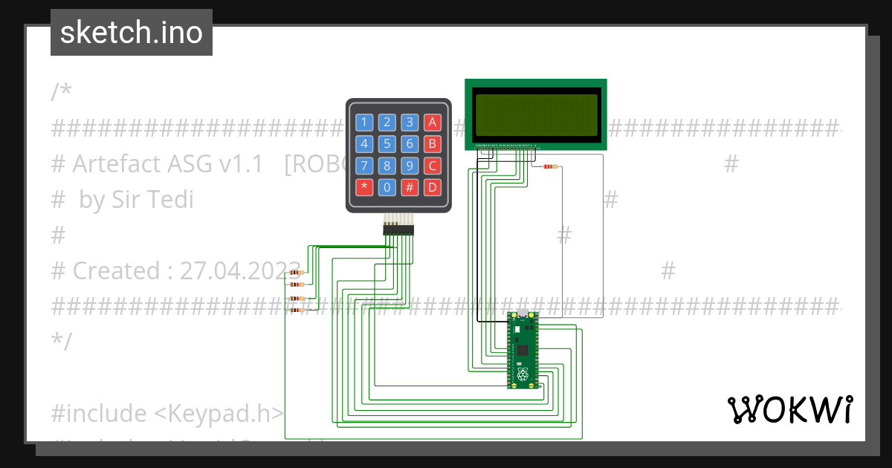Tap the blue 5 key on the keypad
(387, 143)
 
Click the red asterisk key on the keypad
(364, 187)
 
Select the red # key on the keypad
(410, 187)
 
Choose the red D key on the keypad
(433, 187)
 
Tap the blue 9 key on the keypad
(410, 166)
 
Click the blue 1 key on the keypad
(364, 122)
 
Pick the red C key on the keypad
(433, 166)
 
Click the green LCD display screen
(536, 114)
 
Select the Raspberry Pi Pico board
(523, 350)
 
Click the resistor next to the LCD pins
(550, 166)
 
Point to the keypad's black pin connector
(398, 230)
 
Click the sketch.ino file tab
(132, 33)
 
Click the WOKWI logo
(789, 409)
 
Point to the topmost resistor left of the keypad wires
(297, 273)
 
